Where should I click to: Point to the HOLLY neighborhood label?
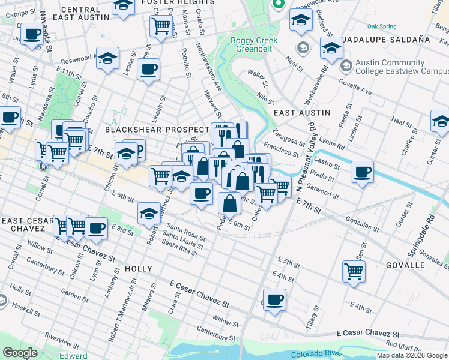point(139,269)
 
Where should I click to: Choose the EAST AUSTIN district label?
point(301,113)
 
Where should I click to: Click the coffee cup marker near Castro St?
point(362,172)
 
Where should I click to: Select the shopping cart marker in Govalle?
point(354,271)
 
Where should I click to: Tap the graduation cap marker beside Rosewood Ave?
point(109,58)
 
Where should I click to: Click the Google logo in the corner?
point(20,353)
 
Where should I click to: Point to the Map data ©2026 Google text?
point(412,355)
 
